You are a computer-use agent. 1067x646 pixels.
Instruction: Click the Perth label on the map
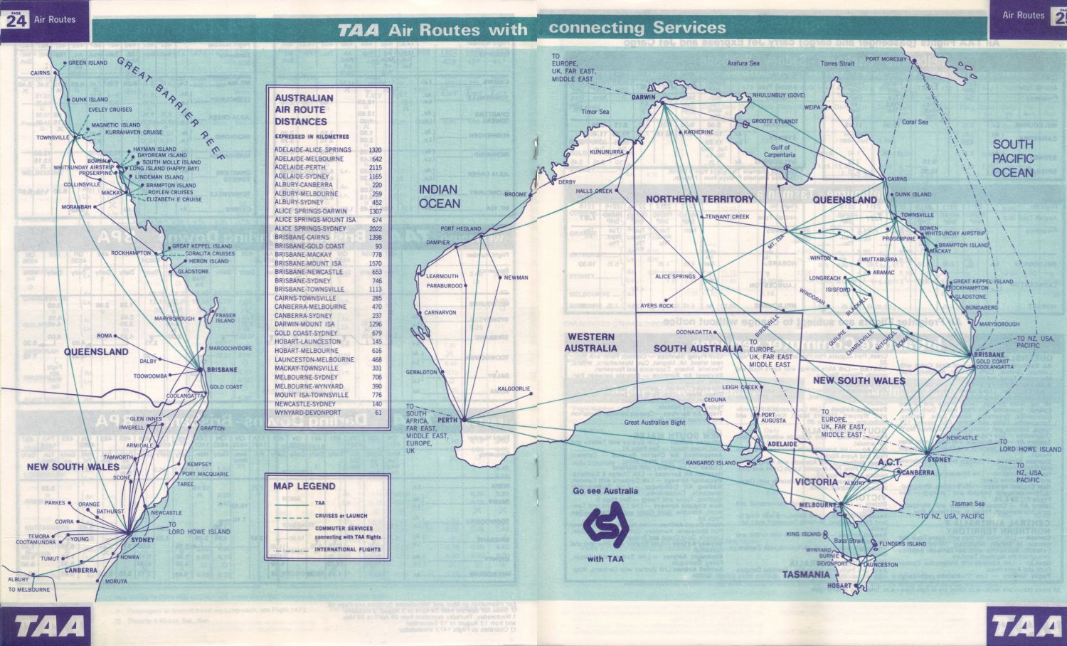click(x=447, y=420)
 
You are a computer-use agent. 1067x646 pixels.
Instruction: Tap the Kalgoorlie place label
click(x=514, y=388)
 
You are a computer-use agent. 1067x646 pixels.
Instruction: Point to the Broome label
click(x=516, y=194)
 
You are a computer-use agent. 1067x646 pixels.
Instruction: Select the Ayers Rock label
click(x=657, y=306)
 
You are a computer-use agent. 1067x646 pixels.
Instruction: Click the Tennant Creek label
click(x=728, y=217)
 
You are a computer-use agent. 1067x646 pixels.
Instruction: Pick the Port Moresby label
click(x=886, y=59)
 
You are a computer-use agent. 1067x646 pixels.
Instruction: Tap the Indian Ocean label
click(x=439, y=196)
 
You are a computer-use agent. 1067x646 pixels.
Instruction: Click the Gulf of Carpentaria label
click(x=780, y=152)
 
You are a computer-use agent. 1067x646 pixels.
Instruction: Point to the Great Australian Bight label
click(x=654, y=422)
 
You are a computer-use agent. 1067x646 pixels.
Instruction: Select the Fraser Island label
click(x=225, y=317)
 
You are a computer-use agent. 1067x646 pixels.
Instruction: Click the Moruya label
click(x=116, y=581)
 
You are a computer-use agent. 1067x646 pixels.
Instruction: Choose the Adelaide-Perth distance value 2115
click(x=376, y=167)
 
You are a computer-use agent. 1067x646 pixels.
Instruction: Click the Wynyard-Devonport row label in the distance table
click(x=307, y=413)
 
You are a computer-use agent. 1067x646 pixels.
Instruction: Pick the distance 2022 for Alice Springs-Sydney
click(x=376, y=229)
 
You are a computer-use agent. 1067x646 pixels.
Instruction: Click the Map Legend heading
click(x=304, y=487)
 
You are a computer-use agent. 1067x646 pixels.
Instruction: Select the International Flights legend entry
click(x=348, y=549)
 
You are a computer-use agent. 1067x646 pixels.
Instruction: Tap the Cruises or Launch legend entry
click(x=341, y=516)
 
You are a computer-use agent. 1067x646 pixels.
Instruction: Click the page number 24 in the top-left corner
click(x=16, y=21)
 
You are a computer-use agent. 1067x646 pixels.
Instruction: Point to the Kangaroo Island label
click(x=711, y=463)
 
